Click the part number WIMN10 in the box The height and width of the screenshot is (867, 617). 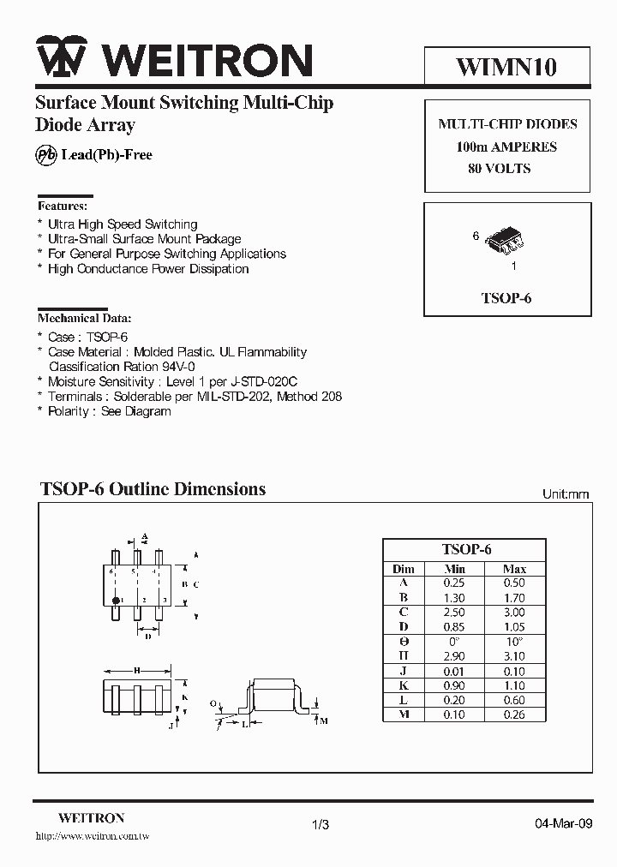tap(506, 65)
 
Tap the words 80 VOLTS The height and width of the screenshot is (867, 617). tap(500, 169)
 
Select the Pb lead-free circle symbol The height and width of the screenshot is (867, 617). tap(45, 155)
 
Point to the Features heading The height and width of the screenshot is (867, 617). tap(62, 206)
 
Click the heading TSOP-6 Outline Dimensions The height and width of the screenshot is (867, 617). tap(153, 489)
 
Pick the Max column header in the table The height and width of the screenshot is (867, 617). tap(514, 569)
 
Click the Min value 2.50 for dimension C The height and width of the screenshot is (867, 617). tap(455, 613)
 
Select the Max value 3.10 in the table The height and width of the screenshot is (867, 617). tap(514, 657)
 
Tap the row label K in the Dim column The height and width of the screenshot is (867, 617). tap(403, 686)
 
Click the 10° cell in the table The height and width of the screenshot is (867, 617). tap(514, 642)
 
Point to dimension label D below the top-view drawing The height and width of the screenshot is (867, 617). tap(148, 636)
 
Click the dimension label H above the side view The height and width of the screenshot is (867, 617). tap(137, 670)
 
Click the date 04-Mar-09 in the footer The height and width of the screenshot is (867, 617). tap(562, 824)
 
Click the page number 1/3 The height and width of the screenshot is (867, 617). tap(320, 824)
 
